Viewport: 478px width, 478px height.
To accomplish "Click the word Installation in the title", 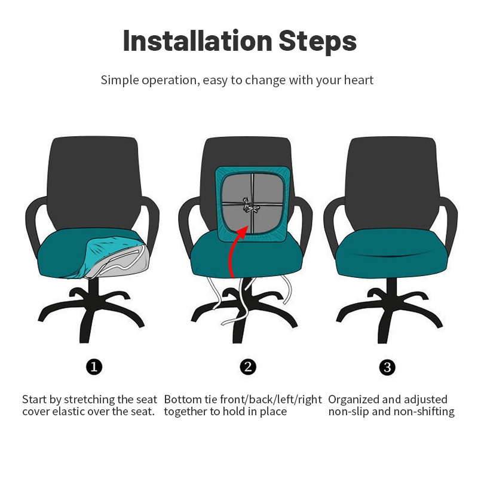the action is [198, 41].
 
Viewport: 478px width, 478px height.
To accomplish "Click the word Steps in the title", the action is [317, 42].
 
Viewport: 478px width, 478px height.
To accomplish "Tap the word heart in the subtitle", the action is [358, 80].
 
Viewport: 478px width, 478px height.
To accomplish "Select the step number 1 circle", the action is [94, 366].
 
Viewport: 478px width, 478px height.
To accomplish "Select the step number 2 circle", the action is [248, 366].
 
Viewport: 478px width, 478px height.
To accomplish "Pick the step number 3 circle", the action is [387, 367].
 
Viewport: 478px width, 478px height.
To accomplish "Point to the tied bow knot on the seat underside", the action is [250, 206].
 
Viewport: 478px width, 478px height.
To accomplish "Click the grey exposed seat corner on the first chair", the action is [122, 261].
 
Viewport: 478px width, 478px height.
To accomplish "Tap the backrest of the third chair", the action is [392, 183].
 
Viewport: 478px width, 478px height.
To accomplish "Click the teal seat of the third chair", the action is [391, 253].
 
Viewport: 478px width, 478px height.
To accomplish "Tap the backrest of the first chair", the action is [94, 183].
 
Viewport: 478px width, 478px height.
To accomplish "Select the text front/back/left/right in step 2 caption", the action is [271, 400].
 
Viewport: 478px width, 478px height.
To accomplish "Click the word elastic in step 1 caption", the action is [68, 412].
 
